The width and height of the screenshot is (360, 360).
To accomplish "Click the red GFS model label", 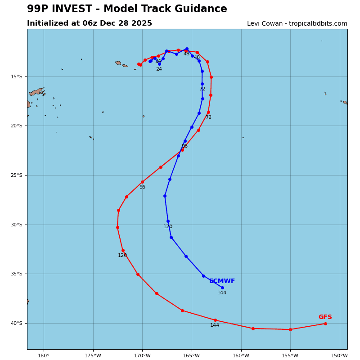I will pyautogui.click(x=325, y=317).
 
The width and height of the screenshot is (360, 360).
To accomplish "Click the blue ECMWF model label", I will pyautogui.click(x=222, y=281).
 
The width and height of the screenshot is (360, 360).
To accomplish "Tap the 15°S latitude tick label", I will pyautogui.click(x=17, y=76).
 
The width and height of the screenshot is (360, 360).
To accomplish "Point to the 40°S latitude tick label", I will pyautogui.click(x=17, y=323).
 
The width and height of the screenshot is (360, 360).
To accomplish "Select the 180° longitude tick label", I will pyautogui.click(x=44, y=355).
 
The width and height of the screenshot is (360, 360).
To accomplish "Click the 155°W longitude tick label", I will pyautogui.click(x=290, y=355).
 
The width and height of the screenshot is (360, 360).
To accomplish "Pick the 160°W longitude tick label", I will pyautogui.click(x=241, y=355).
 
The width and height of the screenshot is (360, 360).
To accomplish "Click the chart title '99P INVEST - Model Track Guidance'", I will pyautogui.click(x=127, y=9).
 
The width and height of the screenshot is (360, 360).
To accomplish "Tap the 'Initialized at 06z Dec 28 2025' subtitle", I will pyautogui.click(x=90, y=23).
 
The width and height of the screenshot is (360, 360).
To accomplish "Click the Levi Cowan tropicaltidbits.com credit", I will pyautogui.click(x=297, y=24).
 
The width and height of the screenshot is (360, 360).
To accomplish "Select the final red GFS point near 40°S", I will pyautogui.click(x=325, y=324).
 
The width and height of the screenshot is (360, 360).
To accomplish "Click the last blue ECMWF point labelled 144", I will pyautogui.click(x=222, y=288).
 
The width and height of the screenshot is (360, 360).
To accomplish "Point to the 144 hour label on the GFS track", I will pyautogui.click(x=215, y=325).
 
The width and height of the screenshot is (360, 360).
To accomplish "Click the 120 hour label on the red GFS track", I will pyautogui.click(x=122, y=256).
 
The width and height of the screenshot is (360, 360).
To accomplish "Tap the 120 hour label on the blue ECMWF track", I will pyautogui.click(x=168, y=227).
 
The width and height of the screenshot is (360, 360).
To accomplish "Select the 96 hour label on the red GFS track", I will pyautogui.click(x=142, y=187).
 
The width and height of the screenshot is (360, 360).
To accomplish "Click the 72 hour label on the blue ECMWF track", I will pyautogui.click(x=202, y=89).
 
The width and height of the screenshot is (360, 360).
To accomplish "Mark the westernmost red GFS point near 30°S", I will pyautogui.click(x=117, y=227).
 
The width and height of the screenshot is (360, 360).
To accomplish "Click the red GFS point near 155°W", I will pyautogui.click(x=290, y=329).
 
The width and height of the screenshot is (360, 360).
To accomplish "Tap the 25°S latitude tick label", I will pyautogui.click(x=17, y=175).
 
